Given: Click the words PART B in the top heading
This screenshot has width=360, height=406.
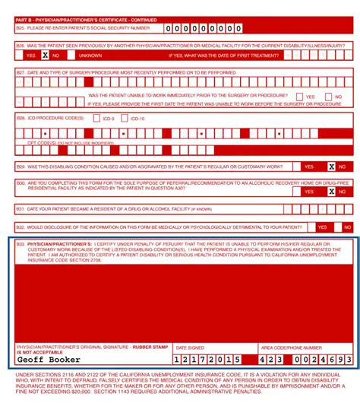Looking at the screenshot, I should tap(25, 19).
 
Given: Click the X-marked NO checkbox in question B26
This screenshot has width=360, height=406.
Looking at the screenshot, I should tap(45, 55).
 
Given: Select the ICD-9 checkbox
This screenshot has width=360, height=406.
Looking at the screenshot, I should tap(96, 118).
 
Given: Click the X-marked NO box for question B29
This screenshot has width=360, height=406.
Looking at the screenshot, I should tap(331, 167).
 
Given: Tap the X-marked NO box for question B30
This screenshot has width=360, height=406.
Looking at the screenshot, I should tap(331, 191).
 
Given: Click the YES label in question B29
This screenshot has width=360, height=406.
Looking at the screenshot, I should tap(309, 167).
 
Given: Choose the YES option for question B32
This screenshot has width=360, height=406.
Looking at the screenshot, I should tap(322, 227).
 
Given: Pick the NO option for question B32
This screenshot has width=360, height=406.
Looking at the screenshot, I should tap(347, 227).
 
